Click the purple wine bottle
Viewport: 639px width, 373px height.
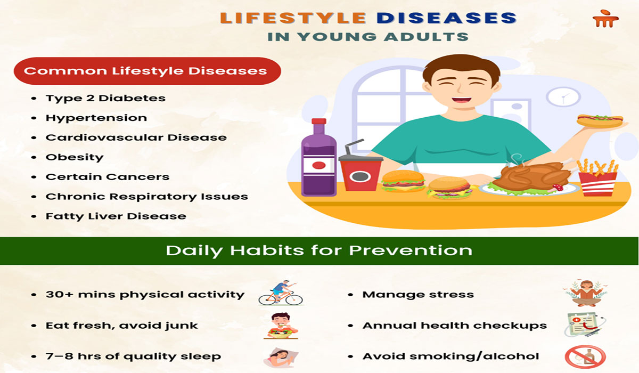(318, 160)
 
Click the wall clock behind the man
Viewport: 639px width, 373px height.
(562, 96)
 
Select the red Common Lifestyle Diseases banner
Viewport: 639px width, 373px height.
(146, 71)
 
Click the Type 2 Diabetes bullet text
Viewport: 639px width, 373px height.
(105, 98)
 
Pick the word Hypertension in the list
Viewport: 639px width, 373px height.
(96, 118)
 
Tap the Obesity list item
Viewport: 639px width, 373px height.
(75, 157)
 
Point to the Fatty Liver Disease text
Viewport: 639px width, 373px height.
(116, 216)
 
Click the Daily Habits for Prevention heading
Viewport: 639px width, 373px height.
(319, 250)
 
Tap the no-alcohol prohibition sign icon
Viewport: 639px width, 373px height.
(585, 356)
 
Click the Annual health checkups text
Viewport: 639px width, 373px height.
(454, 325)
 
